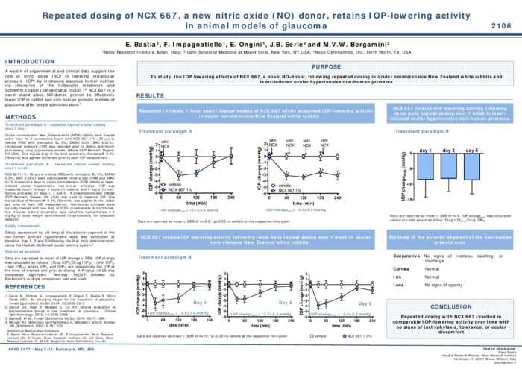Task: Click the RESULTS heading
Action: (x=151, y=96)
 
